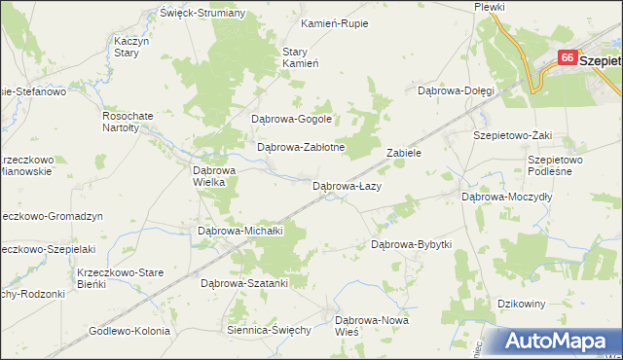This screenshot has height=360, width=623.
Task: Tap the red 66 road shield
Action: [x=567, y=58]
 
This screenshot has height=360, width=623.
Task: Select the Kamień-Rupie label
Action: [x=335, y=23]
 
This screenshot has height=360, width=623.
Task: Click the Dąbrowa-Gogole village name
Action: [x=292, y=119]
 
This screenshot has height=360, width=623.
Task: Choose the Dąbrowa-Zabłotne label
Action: [x=301, y=148]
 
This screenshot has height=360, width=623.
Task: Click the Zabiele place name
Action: [x=403, y=154]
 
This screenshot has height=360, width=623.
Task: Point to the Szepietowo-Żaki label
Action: [x=512, y=136]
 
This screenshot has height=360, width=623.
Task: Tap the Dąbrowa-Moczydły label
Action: [x=506, y=196]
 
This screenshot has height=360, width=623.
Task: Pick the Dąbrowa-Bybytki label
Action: [x=412, y=244]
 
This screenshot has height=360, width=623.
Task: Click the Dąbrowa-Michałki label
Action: [x=239, y=232]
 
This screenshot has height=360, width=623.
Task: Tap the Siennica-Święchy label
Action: [x=268, y=330]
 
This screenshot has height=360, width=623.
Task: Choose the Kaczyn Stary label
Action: [x=129, y=48]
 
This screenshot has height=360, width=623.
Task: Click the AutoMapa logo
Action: [x=562, y=341]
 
